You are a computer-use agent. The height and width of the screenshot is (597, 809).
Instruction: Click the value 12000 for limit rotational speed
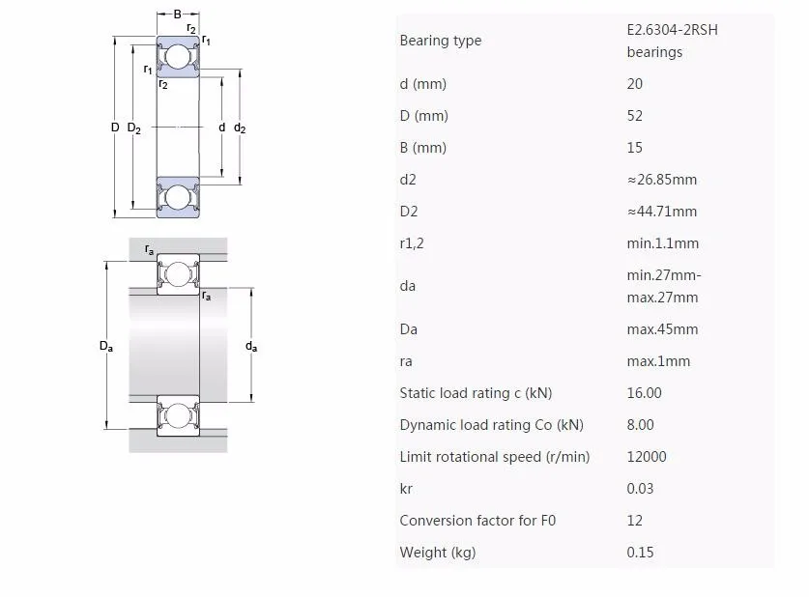pyautogui.click(x=647, y=457)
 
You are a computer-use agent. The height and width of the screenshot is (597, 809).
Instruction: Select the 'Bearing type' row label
pyautogui.click(x=440, y=41)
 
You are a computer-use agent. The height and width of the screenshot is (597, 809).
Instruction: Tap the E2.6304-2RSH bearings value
pyautogui.click(x=672, y=41)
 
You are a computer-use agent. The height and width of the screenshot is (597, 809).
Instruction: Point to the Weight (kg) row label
pyautogui.click(x=437, y=553)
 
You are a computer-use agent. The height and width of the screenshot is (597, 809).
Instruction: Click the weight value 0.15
pyautogui.click(x=640, y=553)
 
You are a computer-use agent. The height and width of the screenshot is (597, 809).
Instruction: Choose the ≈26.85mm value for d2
pyautogui.click(x=661, y=180)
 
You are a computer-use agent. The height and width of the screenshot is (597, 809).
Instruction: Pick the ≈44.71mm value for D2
pyautogui.click(x=661, y=212)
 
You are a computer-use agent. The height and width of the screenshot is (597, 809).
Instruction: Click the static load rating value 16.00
pyautogui.click(x=644, y=393)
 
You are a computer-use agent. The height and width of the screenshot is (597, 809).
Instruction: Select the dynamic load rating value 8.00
pyautogui.click(x=640, y=425)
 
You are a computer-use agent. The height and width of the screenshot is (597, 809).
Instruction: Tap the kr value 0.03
pyautogui.click(x=640, y=489)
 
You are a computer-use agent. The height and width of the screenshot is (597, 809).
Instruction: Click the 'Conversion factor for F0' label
pyautogui.click(x=477, y=521)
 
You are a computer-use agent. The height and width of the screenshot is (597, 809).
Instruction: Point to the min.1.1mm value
pyautogui.click(x=662, y=243)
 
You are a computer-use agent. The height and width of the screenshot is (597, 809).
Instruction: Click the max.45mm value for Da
pyautogui.click(x=662, y=329)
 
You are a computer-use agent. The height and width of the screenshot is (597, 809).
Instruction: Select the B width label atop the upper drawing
pyautogui.click(x=178, y=14)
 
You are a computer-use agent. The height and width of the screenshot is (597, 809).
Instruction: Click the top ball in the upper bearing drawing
pyautogui.click(x=178, y=58)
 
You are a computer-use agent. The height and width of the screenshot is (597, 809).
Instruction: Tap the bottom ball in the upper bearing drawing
pyautogui.click(x=178, y=197)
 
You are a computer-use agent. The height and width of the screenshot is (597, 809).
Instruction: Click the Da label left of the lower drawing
pyautogui.click(x=106, y=346)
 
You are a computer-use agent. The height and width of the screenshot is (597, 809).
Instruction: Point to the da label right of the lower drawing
pyautogui.click(x=251, y=346)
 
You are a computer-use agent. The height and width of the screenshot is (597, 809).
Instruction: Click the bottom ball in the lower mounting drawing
pyautogui.click(x=178, y=416)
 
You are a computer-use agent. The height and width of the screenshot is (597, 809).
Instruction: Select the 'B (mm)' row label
pyautogui.click(x=422, y=148)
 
